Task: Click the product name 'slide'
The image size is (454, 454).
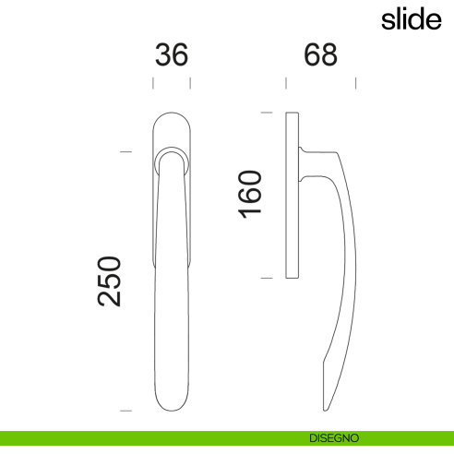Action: (412, 20)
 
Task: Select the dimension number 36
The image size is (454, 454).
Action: (171, 55)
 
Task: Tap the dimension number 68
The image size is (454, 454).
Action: (320, 55)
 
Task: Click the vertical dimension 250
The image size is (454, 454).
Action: (111, 282)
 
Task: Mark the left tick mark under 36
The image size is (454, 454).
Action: (152, 83)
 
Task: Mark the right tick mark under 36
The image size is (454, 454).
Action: (190, 83)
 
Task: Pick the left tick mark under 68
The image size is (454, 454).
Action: (286, 83)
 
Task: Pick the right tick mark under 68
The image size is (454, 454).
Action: (356, 83)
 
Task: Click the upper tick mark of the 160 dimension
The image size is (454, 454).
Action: (266, 113)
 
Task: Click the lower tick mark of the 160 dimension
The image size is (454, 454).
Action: (266, 277)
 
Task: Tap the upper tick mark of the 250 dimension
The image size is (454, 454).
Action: (126, 151)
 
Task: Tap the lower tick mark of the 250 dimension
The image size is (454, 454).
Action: (126, 409)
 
